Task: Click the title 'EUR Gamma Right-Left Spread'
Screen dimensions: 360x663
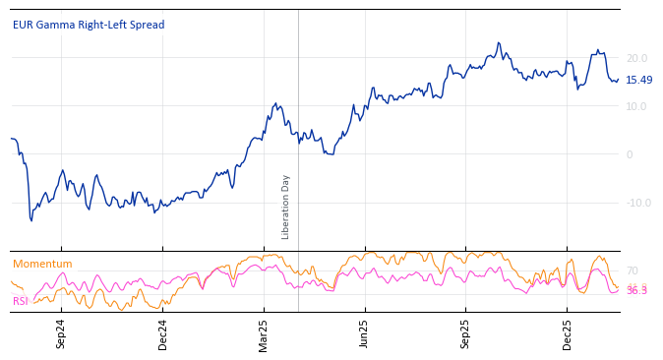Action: (89, 25)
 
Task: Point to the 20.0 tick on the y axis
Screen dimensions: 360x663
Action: (636, 58)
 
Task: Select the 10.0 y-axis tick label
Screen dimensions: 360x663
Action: (636, 106)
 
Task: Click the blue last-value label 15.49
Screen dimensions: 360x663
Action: (638, 80)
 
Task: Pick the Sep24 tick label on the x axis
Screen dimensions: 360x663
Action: (61, 333)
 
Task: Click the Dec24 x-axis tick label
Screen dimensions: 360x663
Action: (163, 333)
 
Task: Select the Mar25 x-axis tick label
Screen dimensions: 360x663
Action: (264, 333)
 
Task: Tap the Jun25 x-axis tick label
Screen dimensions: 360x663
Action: (364, 333)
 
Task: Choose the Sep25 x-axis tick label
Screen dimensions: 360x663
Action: (465, 333)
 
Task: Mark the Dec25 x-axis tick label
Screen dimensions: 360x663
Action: (568, 333)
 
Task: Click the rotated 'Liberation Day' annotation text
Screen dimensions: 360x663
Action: (286, 207)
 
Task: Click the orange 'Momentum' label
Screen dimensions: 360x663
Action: (42, 264)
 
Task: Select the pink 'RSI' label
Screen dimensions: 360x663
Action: (20, 301)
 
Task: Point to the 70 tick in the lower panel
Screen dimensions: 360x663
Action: (632, 270)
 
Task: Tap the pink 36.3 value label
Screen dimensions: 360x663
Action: (636, 291)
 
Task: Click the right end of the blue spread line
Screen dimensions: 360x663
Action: (619, 80)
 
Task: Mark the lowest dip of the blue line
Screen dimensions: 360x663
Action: (31, 220)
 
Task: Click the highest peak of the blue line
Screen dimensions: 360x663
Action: (499, 43)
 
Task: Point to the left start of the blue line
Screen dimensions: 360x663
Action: (11, 139)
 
